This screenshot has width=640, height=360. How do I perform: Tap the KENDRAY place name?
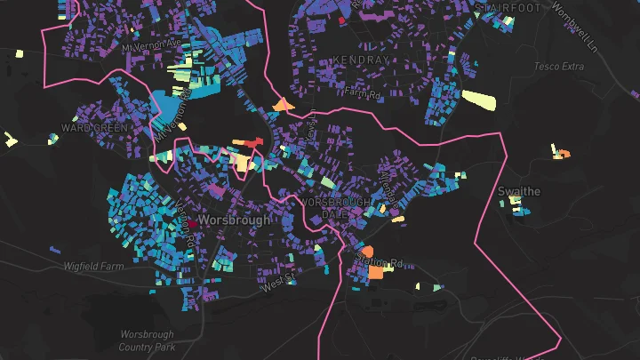coord(360,60)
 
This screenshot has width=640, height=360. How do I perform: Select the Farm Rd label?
coord(363,92)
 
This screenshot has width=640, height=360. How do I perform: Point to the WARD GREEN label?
coord(96,128)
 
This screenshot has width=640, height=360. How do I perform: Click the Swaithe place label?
coord(519,192)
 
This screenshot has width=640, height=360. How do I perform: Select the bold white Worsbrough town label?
coord(233,220)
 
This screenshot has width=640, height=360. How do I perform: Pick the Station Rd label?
coord(380,263)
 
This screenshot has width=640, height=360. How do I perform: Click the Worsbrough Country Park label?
coord(148,340)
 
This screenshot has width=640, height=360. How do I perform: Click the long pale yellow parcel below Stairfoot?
coord(478,100)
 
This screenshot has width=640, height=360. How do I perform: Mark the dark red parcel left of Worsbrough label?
coord(190,225)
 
